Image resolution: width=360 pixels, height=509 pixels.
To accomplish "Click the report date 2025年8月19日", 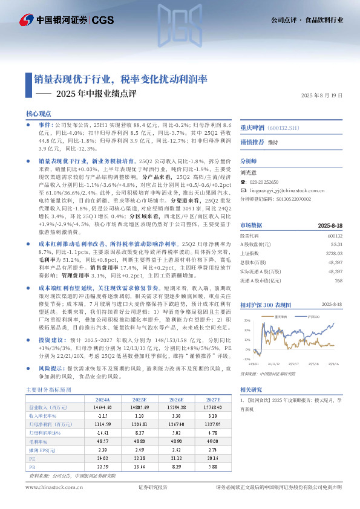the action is pos(322,96).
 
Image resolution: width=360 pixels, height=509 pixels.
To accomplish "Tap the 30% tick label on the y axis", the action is pos(246,320).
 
